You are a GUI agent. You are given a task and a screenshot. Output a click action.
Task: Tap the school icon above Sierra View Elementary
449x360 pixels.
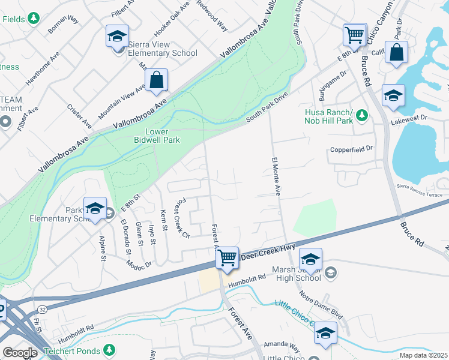(x=118, y=36)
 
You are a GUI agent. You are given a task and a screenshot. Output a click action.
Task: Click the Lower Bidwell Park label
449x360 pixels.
(x=157, y=136)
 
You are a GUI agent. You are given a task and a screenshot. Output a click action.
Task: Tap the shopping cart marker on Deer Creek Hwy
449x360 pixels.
(x=227, y=258)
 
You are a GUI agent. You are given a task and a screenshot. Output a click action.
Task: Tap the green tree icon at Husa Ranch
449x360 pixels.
(x=361, y=114)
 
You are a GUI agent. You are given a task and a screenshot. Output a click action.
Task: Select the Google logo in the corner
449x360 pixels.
(x=19, y=353)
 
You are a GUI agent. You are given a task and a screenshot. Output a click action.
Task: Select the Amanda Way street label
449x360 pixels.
(x=286, y=347)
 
